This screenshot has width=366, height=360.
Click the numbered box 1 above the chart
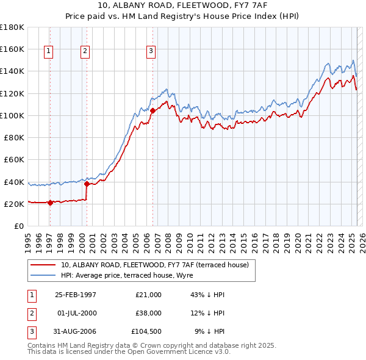(x=48, y=52)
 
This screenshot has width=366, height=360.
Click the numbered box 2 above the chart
(x=85, y=52)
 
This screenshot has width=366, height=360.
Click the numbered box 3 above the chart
(x=151, y=52)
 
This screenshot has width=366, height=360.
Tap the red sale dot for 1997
(x=51, y=203)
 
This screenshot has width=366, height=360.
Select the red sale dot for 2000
(x=87, y=184)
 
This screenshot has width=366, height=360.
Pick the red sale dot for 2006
(x=152, y=110)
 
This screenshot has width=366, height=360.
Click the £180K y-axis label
(x=12, y=27)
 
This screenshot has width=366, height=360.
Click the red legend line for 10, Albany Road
(x=42, y=265)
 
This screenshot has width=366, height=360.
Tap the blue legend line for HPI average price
(x=42, y=276)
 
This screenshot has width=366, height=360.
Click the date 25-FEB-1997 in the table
(x=76, y=295)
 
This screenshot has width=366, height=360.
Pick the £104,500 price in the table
(x=146, y=331)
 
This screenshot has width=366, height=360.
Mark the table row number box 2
(x=30, y=313)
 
